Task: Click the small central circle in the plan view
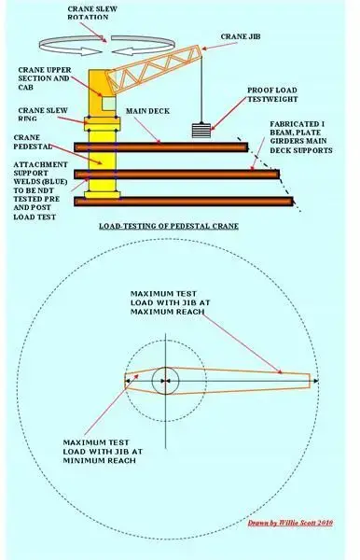tap(166, 381)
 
